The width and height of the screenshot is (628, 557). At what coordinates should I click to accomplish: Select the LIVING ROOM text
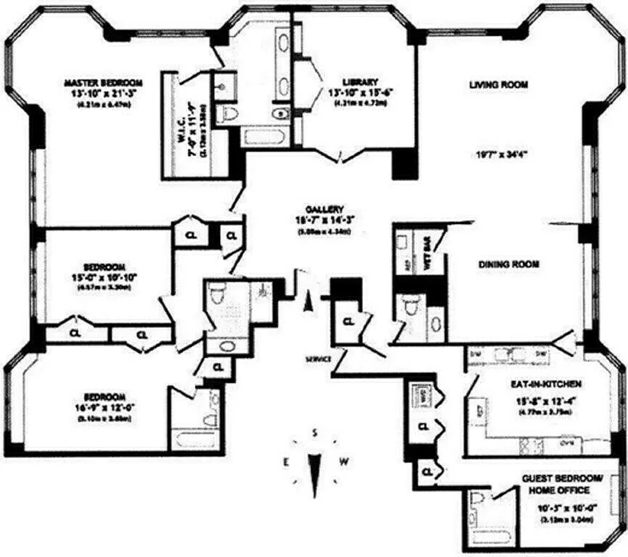pos(499,85)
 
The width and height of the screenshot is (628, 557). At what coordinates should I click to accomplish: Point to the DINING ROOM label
pos(509,265)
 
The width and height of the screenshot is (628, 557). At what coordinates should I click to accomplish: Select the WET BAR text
pos(427,243)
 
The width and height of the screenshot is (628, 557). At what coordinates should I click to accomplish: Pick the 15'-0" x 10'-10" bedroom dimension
pos(104,277)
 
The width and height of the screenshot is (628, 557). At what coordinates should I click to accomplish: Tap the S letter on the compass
pos(315,433)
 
